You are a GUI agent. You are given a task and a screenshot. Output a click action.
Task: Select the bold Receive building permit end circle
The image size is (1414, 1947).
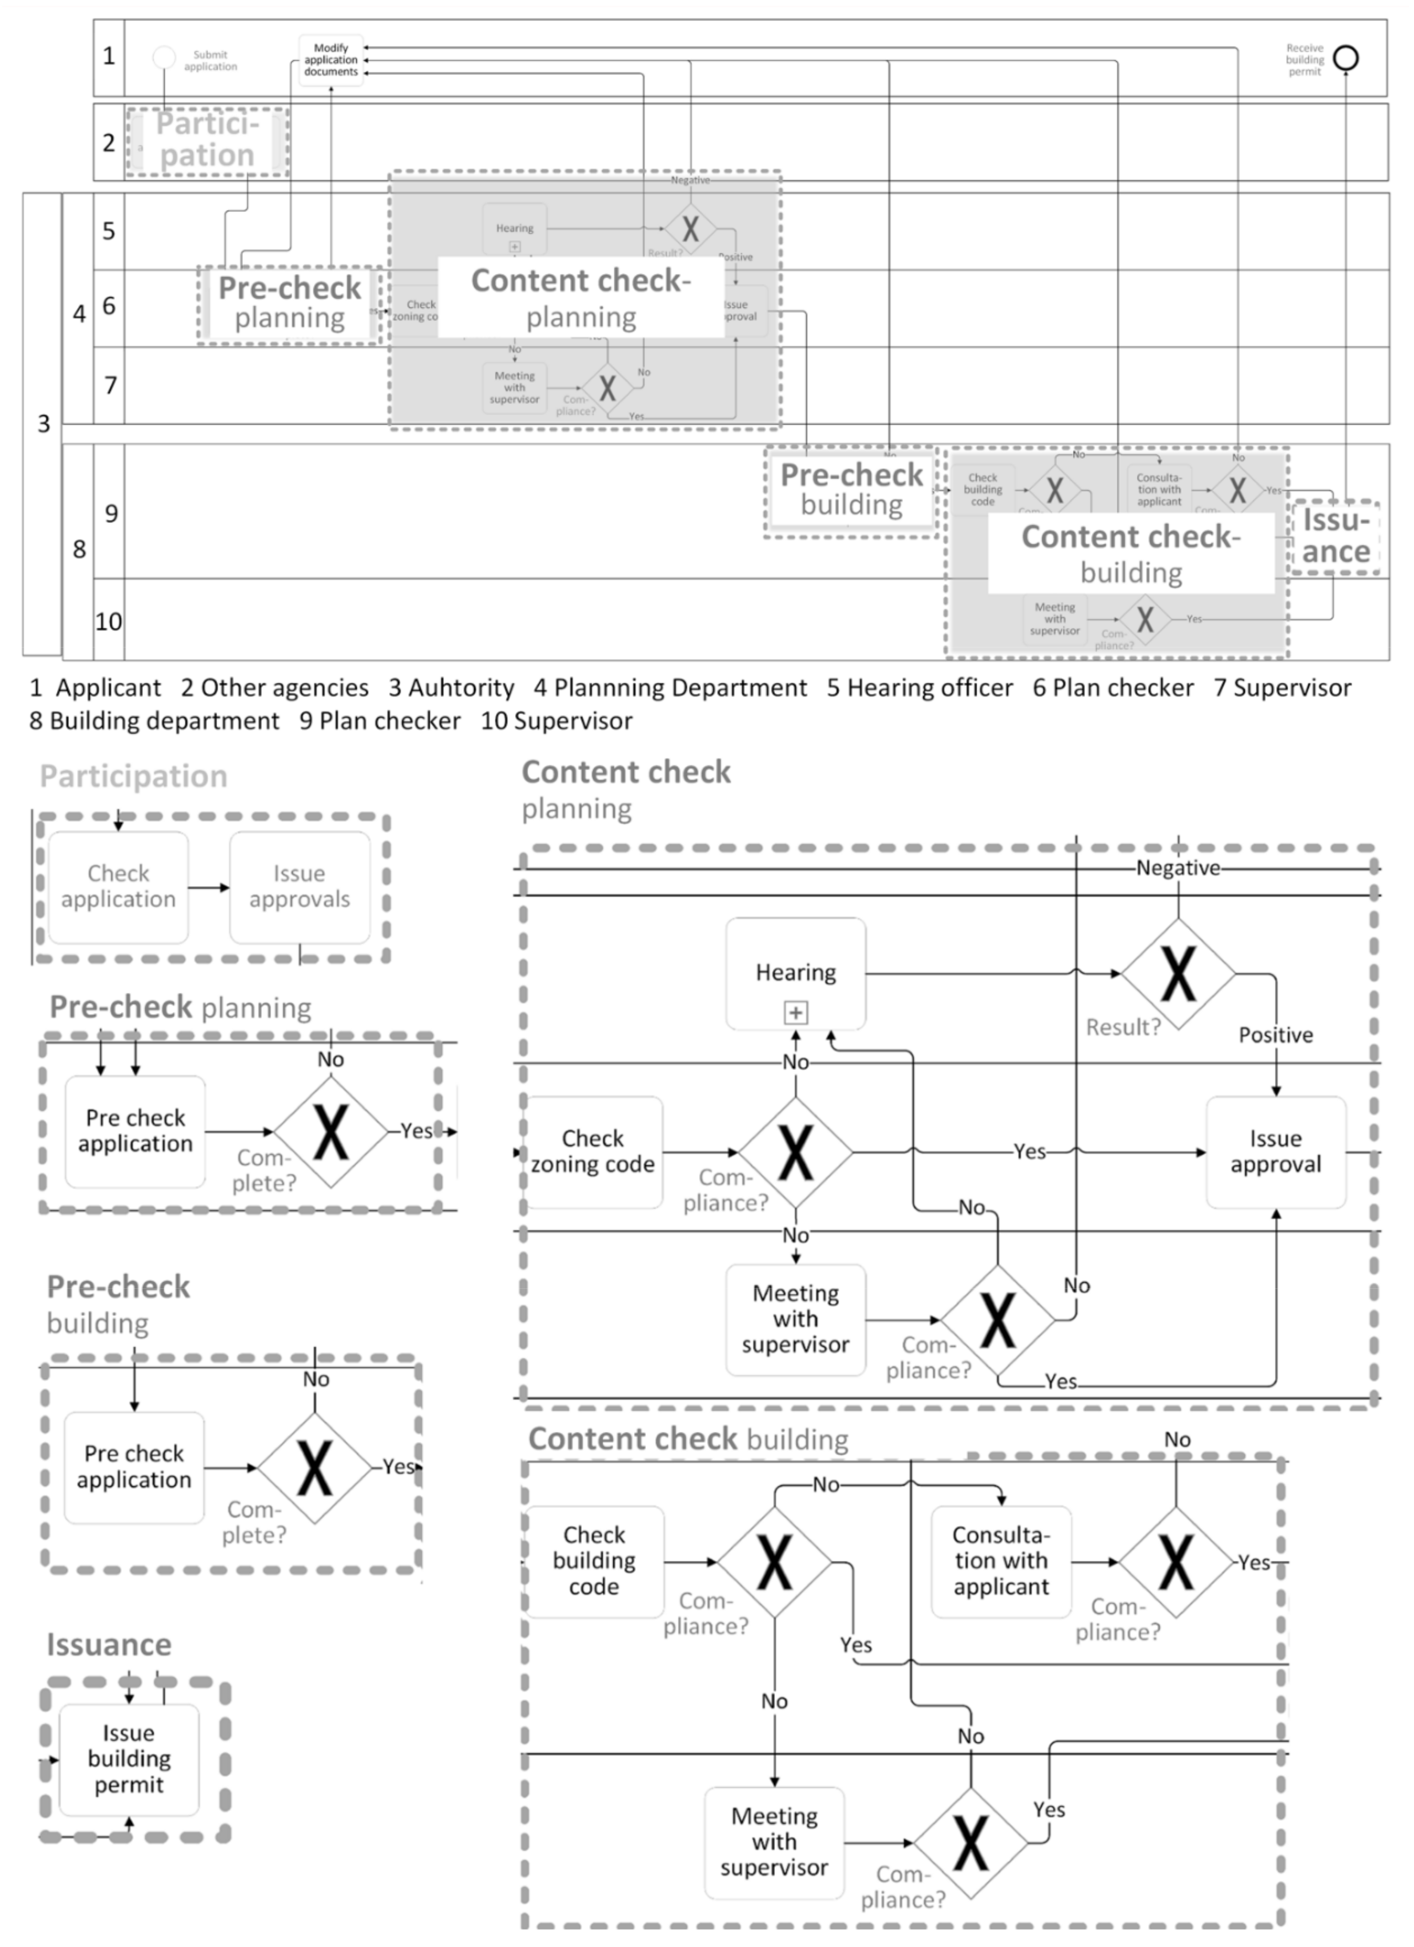[x=1345, y=58]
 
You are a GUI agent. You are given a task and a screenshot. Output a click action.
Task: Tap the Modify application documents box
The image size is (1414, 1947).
[x=331, y=60]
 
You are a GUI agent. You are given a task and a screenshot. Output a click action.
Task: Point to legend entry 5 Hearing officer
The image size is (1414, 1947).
[x=920, y=688]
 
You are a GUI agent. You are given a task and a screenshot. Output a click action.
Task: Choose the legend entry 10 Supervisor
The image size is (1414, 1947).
[x=556, y=721]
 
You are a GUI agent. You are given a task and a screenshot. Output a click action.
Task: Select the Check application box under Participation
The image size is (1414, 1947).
[x=118, y=887]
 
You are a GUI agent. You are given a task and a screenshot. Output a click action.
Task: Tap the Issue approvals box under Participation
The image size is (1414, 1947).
[x=300, y=887]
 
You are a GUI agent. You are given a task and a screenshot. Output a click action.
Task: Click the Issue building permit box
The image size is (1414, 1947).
[x=129, y=1759]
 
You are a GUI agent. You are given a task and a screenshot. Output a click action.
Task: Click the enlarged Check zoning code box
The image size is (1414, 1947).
[x=593, y=1152]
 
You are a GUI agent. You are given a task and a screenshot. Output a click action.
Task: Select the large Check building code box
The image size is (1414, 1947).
[x=594, y=1561]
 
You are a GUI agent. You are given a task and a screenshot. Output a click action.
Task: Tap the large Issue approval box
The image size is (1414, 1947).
[x=1276, y=1152]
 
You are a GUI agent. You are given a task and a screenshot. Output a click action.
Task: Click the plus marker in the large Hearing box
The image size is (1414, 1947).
[x=796, y=1013]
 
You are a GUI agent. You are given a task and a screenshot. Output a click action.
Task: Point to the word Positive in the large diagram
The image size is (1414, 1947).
[x=1276, y=1035]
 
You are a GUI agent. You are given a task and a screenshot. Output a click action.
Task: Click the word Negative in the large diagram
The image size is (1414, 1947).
[x=1178, y=868]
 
